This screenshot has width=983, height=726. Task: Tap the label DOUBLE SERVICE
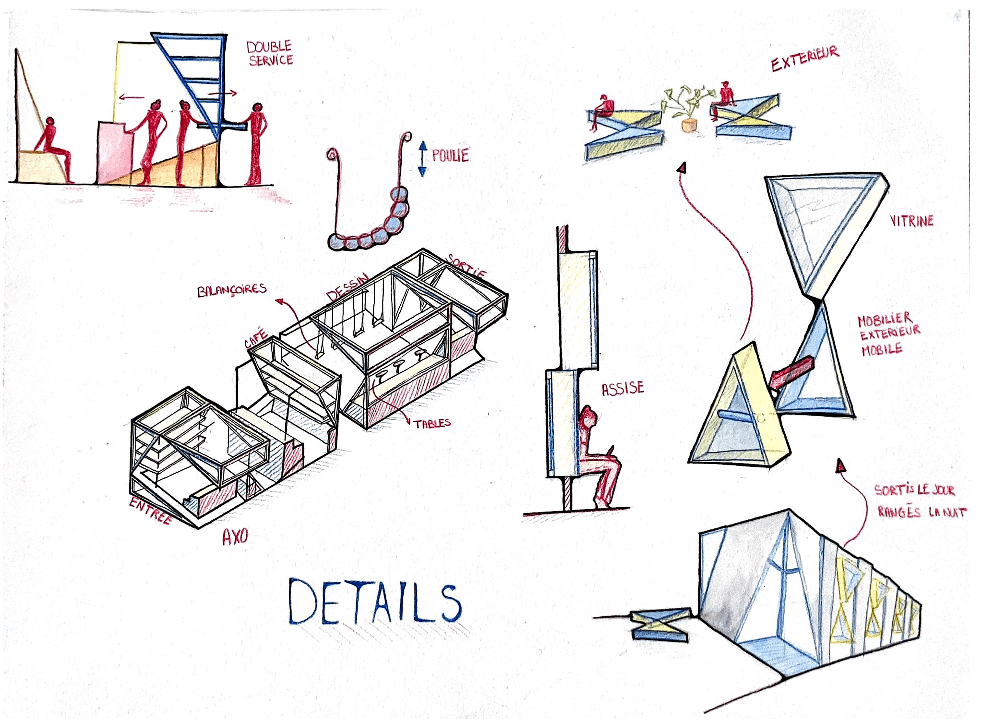[x=270, y=53]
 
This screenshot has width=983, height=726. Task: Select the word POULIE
[x=450, y=155]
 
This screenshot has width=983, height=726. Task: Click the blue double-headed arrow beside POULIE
[x=422, y=159]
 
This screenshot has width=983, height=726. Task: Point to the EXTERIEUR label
[x=805, y=58]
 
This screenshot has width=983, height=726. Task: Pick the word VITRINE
[x=911, y=221]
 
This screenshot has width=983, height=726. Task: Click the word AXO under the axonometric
[x=235, y=537]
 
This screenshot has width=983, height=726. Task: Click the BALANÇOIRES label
[x=232, y=290]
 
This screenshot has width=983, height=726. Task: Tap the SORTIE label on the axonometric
[x=467, y=266]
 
